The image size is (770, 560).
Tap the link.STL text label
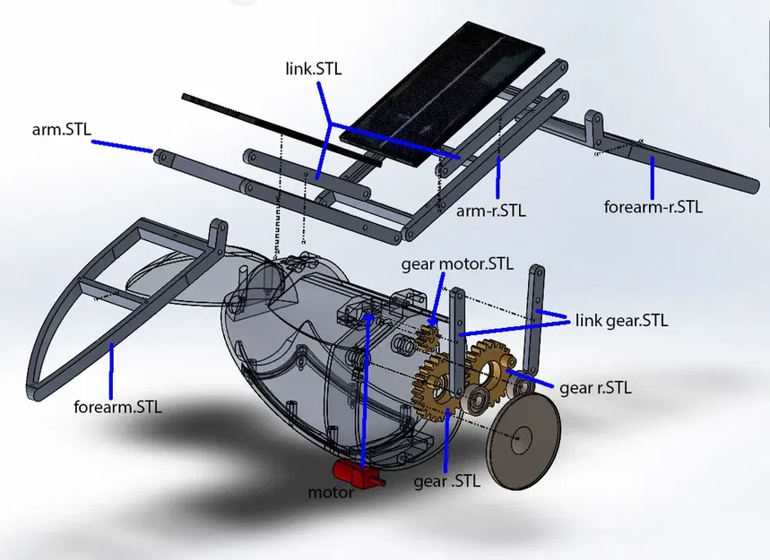310,68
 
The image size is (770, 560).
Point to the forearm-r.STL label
653,206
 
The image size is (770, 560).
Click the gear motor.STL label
457,263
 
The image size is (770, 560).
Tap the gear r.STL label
595,388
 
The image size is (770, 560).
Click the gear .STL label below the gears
446,480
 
